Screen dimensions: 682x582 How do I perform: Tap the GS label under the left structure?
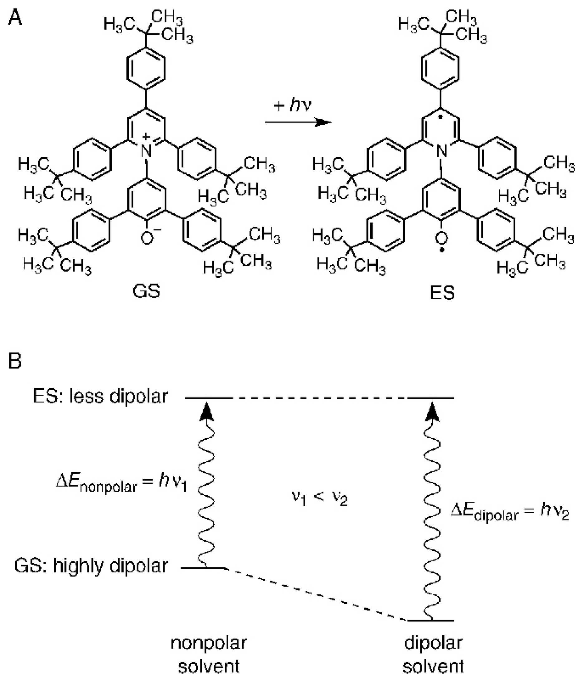tap(146, 291)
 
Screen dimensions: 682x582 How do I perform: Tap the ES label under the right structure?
tap(442, 292)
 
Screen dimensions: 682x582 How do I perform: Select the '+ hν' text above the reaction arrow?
tap(292, 106)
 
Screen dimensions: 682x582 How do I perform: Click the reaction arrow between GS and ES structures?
tap(298, 122)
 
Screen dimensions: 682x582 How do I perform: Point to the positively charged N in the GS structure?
tap(146, 151)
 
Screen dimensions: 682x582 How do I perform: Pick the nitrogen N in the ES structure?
tap(442, 151)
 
